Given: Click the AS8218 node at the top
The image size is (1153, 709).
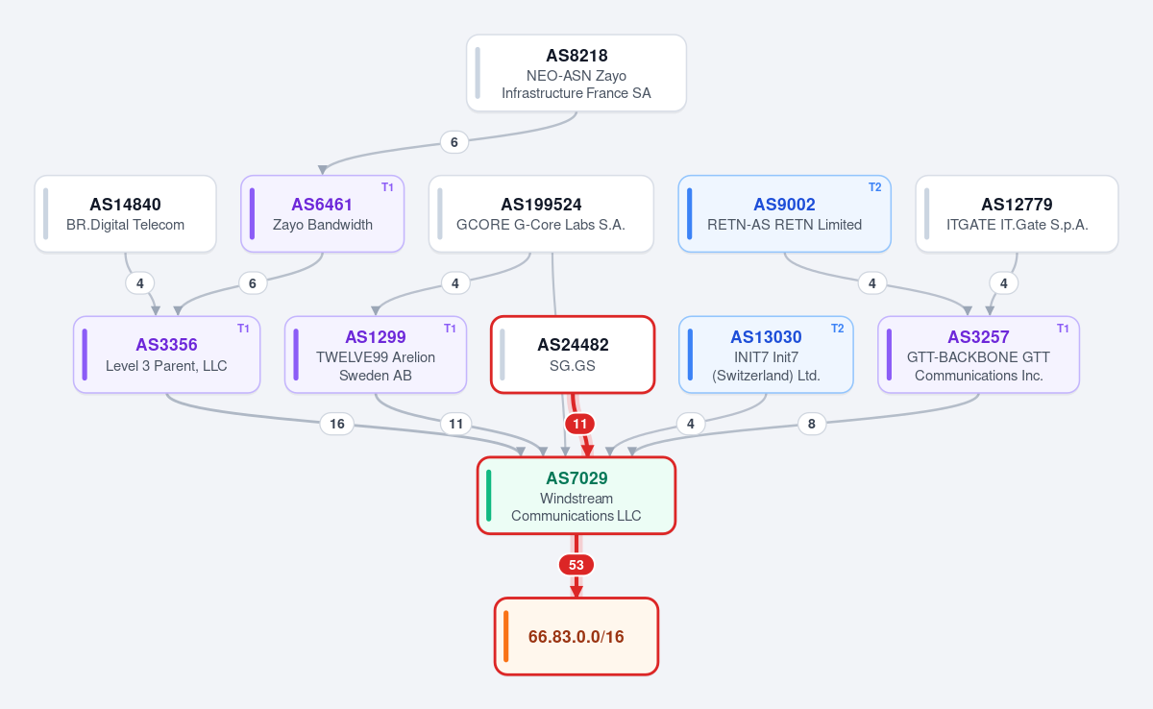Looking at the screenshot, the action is [x=576, y=73].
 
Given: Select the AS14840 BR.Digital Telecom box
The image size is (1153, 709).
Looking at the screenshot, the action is [x=125, y=213].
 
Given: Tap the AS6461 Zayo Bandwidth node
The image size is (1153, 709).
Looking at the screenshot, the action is [x=322, y=213].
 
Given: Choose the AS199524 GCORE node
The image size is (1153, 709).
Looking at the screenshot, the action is [x=541, y=213].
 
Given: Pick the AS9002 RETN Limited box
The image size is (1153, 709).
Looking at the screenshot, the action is [x=784, y=213].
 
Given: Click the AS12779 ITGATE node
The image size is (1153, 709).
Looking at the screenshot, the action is [x=1017, y=213].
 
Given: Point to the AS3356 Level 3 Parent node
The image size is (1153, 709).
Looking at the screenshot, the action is [x=167, y=354].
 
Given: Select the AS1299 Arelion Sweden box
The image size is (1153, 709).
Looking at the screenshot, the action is [x=376, y=354].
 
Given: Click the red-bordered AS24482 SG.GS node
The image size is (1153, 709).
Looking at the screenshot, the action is [x=573, y=354].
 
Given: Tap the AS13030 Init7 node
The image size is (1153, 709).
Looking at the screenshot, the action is [x=766, y=354].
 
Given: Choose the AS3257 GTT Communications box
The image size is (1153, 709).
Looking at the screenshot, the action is [x=978, y=354].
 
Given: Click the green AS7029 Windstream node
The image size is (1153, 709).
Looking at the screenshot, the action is [x=576, y=496].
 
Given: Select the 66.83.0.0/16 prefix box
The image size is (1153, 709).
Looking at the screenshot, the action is [x=576, y=636].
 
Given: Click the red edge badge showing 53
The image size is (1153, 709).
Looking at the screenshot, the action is [x=576, y=565].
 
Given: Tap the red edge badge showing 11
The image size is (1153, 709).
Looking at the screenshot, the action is [x=579, y=424].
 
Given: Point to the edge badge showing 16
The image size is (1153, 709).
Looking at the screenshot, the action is [x=336, y=424].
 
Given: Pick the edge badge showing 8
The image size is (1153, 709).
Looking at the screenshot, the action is [x=811, y=424].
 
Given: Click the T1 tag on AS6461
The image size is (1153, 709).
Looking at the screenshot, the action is [x=387, y=187].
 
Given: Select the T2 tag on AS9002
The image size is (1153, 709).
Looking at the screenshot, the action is [x=874, y=187].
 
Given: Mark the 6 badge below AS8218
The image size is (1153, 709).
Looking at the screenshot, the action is [x=454, y=142].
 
